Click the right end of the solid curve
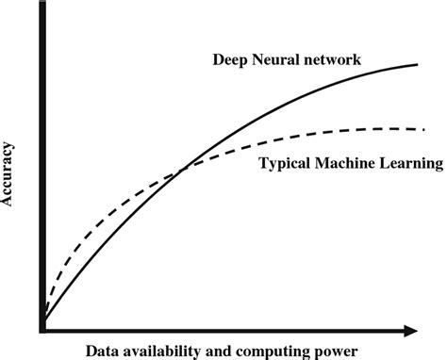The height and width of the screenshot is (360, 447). pyautogui.click(x=418, y=64)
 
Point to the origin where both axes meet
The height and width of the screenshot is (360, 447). pyautogui.click(x=42, y=329)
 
